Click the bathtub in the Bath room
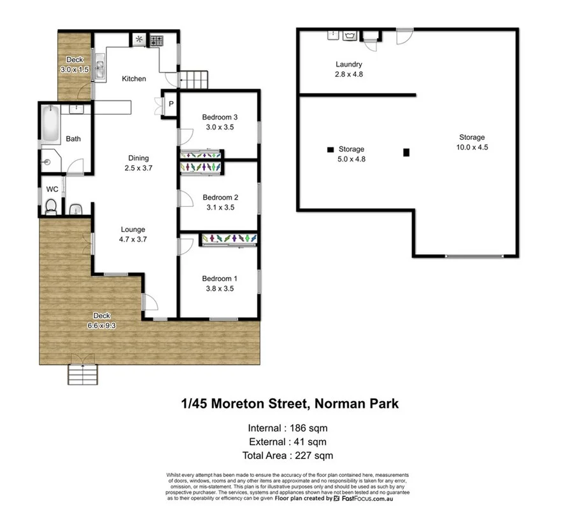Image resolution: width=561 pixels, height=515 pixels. [x=50, y=123]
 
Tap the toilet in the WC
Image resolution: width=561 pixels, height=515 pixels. [x=51, y=205]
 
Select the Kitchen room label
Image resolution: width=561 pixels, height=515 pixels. [x=134, y=79]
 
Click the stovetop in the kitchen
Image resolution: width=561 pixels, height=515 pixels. [x=157, y=41]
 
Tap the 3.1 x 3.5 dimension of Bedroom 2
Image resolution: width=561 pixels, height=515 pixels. [x=220, y=207]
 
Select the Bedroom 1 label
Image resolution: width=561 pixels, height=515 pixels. [x=220, y=278]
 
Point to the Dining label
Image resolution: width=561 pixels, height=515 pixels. [x=138, y=158]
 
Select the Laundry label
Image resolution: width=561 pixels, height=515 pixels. [x=349, y=64]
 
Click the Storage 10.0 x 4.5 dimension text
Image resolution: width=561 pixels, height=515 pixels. [x=472, y=147]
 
